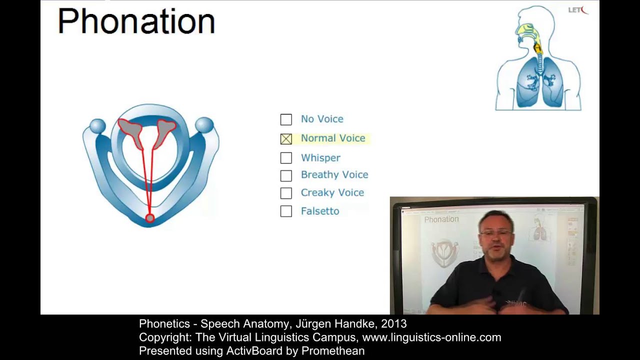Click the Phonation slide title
coord(136,21)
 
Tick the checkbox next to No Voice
coord(286,119)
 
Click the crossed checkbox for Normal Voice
coord(286,139)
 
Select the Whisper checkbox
coord(286,158)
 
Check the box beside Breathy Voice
coord(286,175)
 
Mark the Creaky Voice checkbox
coord(286,193)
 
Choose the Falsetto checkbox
coord(286,211)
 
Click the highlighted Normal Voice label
coord(332,138)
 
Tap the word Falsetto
coord(320,211)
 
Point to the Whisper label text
coord(320,158)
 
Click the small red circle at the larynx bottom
coord(149,218)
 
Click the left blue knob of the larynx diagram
coord(97,126)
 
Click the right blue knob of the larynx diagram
coord(204,125)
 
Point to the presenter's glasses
coord(495,233)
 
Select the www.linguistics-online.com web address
coord(431,337)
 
